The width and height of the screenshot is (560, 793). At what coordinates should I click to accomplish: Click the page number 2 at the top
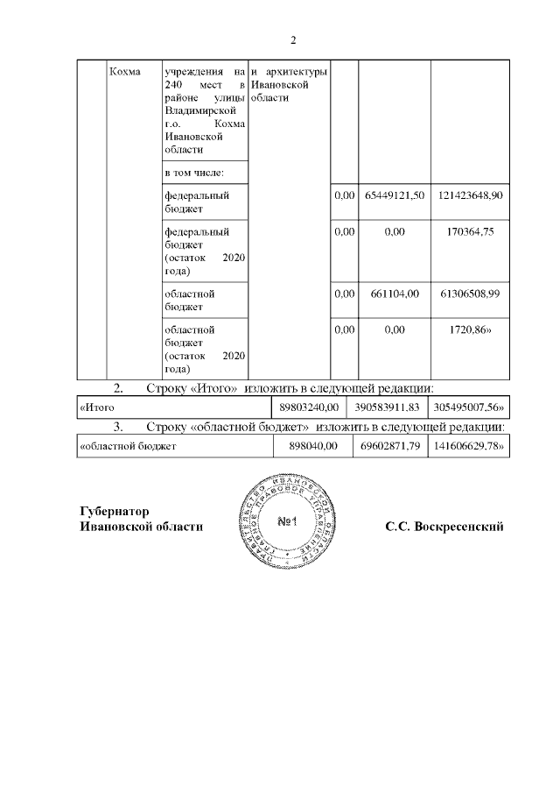[x=293, y=40]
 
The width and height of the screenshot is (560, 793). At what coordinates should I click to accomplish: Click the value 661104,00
[x=395, y=294]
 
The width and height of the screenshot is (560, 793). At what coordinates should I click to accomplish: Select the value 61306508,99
[x=471, y=294]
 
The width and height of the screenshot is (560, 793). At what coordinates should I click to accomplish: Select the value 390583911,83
[x=388, y=407]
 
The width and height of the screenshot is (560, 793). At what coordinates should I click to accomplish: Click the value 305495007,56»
[x=471, y=407]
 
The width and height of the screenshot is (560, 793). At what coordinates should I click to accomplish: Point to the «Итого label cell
[x=98, y=407]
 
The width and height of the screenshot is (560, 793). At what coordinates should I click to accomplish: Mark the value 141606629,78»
[x=471, y=447]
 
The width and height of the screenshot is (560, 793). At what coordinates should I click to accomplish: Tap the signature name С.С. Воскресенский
[x=444, y=527]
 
